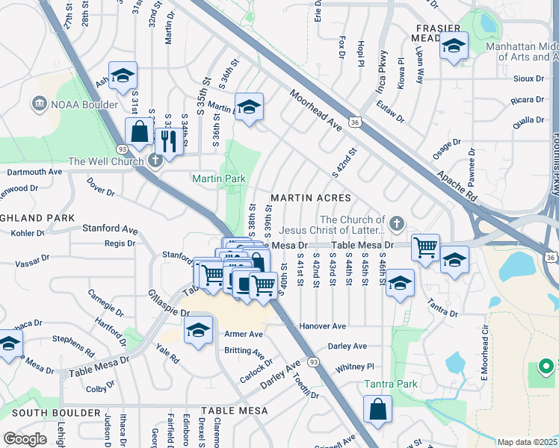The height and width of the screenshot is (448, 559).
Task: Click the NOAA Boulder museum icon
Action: tap(37, 104)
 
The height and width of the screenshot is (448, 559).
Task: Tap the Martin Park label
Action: tap(219, 179)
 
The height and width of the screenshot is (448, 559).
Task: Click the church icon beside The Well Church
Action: tap(155, 161)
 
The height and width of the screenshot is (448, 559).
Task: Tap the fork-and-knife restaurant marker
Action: tap(169, 141)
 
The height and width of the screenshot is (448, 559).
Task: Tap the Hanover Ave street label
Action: tap(322, 326)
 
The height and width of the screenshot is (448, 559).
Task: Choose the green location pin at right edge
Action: tap(546, 366)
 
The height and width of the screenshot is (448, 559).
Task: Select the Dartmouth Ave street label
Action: tap(34, 172)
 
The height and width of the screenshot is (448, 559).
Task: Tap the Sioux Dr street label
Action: tap(528, 78)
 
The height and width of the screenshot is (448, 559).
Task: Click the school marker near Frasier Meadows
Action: tap(453, 46)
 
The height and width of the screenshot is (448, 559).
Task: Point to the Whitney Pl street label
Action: tap(354, 367)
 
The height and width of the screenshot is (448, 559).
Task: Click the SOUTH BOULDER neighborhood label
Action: tap(56, 413)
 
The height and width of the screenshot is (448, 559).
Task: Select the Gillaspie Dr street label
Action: tap(164, 304)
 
